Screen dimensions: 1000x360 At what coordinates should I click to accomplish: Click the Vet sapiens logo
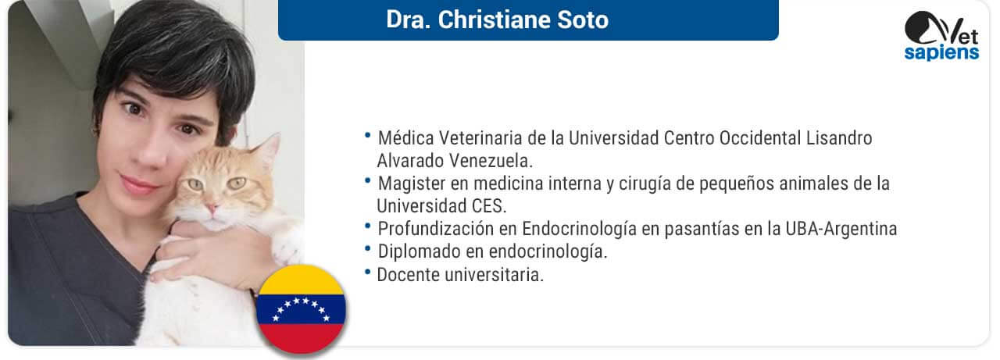click(x=941, y=36)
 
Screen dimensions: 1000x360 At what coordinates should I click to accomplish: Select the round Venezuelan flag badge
click(x=301, y=309)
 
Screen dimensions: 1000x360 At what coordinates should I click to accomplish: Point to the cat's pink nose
click(x=211, y=208)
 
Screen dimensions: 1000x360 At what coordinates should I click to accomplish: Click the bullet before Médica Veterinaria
click(x=367, y=135)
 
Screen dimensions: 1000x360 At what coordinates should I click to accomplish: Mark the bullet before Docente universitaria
click(x=367, y=271)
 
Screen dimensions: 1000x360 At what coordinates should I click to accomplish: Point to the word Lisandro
click(x=839, y=138)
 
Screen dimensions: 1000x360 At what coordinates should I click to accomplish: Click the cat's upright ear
click(x=268, y=149)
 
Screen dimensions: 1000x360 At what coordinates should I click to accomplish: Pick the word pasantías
click(x=698, y=230)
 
